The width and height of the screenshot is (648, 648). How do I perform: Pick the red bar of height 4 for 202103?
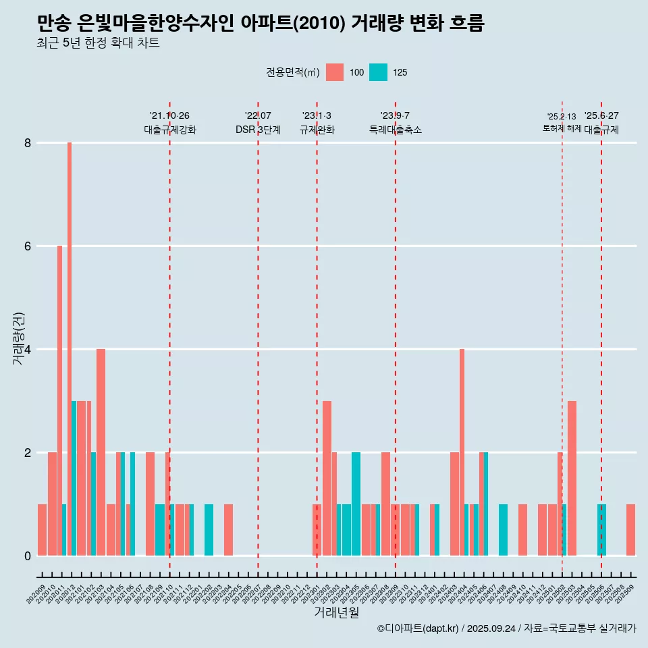[101, 452]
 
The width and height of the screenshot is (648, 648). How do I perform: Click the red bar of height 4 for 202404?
[462, 452]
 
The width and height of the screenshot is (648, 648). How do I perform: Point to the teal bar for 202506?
[601, 530]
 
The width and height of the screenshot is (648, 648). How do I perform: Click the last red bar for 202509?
[630, 530]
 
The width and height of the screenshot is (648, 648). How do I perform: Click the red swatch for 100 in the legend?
[335, 72]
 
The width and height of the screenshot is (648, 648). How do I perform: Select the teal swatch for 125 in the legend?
[378, 72]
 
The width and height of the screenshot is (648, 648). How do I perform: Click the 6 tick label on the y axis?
[28, 246]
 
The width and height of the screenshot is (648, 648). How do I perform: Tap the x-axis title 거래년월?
[336, 612]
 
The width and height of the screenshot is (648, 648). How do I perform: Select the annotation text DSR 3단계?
[258, 130]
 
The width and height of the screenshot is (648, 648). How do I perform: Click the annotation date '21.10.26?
[169, 115]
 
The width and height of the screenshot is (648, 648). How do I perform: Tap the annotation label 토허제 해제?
[562, 128]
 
